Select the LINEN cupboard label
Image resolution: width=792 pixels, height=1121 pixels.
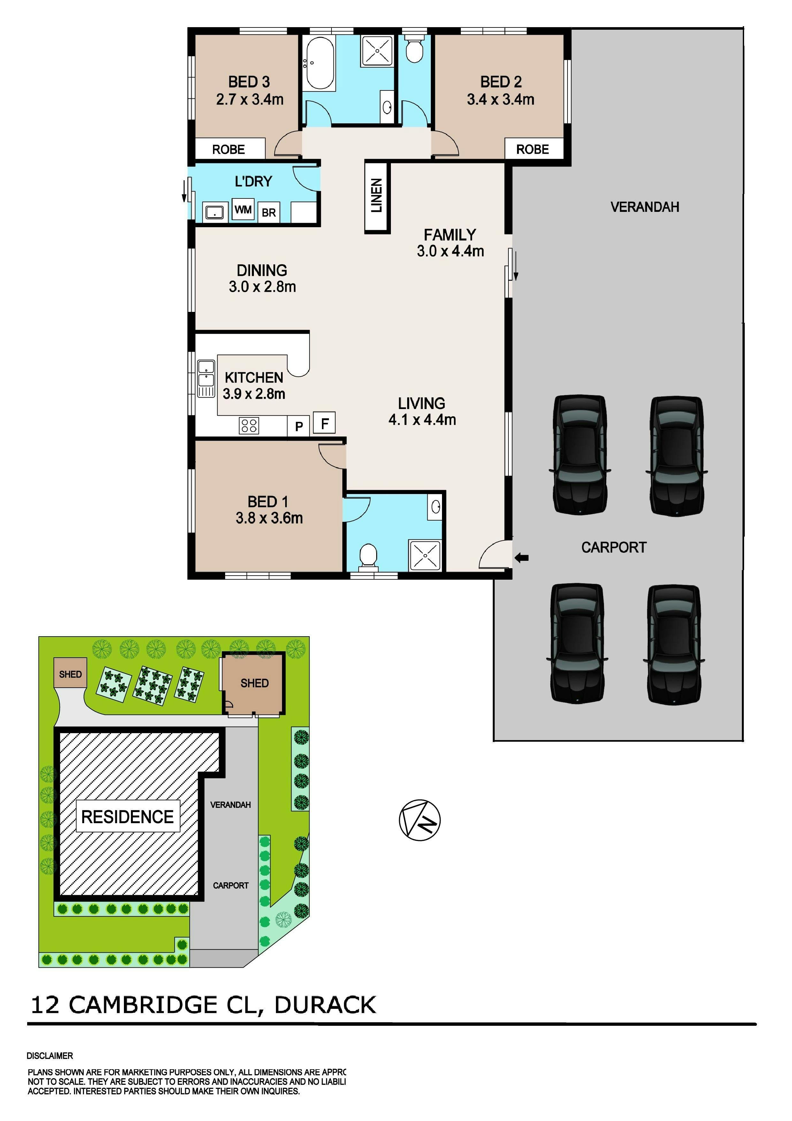click(x=377, y=196)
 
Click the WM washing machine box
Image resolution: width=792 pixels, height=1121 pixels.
click(x=243, y=210)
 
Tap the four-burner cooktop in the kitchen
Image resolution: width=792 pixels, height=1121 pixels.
click(x=249, y=426)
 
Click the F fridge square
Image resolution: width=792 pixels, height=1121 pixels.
click(x=324, y=422)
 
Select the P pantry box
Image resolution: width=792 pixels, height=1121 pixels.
click(x=299, y=426)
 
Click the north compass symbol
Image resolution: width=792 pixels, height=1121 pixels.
click(x=420, y=820)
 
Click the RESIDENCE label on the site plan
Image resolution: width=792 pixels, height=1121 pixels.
click(x=127, y=817)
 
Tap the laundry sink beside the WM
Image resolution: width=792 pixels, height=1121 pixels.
click(x=214, y=213)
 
